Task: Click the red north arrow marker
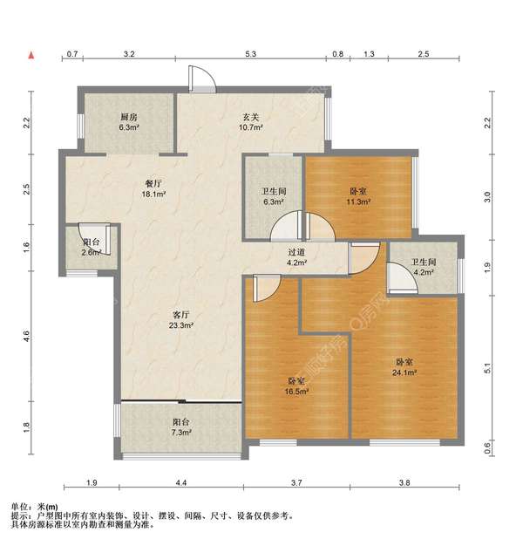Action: [x=31, y=55]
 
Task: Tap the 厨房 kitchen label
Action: [x=129, y=117]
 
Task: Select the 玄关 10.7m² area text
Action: [x=250, y=127]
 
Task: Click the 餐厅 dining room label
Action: [x=153, y=183]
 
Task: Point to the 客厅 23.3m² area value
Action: [x=181, y=325]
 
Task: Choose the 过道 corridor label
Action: [x=296, y=252]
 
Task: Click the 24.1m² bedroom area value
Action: [x=404, y=372]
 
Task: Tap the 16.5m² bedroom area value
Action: [x=297, y=392]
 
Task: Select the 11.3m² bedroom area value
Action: [x=358, y=201]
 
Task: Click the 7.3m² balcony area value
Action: [x=181, y=433]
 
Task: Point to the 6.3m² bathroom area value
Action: [x=274, y=201]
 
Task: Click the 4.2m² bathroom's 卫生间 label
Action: [x=424, y=262]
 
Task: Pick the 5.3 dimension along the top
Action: [x=250, y=54]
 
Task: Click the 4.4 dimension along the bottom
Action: [x=181, y=482]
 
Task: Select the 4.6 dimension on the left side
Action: [x=26, y=336]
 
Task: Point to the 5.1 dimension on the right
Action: [x=487, y=368]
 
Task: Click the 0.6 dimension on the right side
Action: [x=487, y=446]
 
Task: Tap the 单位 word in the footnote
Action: [x=20, y=507]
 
